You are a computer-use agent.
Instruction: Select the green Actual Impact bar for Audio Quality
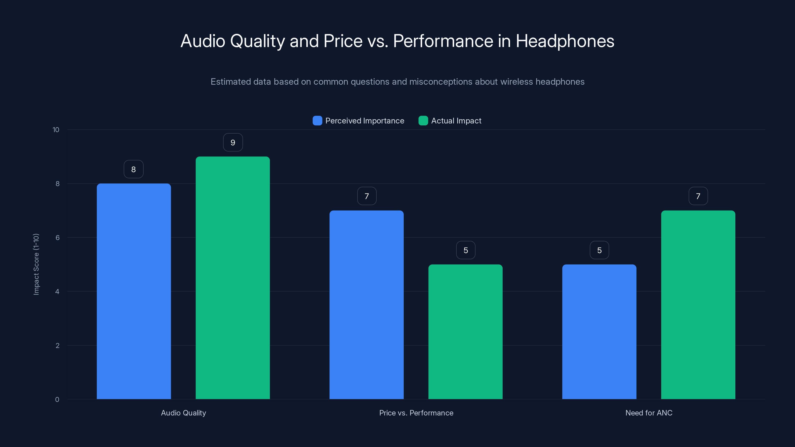pos(233,278)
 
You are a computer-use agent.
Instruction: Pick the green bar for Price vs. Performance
pos(465,331)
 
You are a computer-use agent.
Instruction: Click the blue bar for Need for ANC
pos(599,331)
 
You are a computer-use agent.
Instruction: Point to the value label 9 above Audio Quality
pos(233,143)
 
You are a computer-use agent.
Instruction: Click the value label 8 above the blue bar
pos(134,169)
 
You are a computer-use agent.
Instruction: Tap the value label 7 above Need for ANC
pos(698,196)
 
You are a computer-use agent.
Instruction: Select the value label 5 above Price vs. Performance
pos(466,250)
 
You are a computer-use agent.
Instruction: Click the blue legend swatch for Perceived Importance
pos(317,121)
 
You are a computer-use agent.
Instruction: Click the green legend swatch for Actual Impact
pos(423,121)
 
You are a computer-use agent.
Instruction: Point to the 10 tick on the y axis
pos(56,130)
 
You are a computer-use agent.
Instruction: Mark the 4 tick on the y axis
pos(57,292)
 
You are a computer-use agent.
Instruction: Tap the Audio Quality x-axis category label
pos(183,413)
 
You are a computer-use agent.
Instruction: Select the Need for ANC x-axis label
pos(649,413)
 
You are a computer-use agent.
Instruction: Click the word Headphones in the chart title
pos(565,41)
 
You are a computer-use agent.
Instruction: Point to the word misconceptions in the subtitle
pos(441,82)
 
